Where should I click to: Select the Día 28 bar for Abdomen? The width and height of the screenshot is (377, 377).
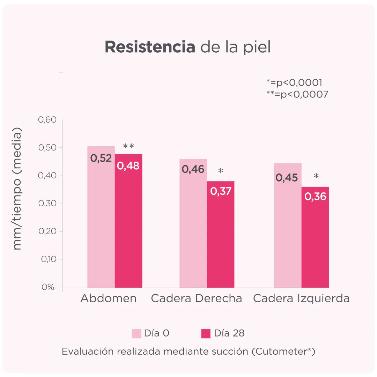click(128, 227)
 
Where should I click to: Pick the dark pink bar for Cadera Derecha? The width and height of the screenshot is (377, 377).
click(221, 241)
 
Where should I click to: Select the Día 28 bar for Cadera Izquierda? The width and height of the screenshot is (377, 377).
click(315, 244)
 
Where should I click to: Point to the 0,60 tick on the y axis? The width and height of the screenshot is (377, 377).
click(47, 120)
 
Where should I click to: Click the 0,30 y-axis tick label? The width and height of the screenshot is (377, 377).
click(47, 204)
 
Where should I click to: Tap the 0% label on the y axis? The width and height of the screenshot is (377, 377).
click(48, 287)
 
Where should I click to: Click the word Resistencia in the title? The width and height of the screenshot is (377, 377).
click(150, 47)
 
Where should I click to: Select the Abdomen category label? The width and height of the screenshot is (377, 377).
click(109, 298)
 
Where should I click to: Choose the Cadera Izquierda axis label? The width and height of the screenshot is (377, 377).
click(301, 298)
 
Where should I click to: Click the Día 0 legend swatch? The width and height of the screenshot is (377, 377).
click(136, 333)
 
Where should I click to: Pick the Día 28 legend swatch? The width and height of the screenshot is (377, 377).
click(206, 333)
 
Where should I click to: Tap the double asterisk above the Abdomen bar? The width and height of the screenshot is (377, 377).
click(128, 147)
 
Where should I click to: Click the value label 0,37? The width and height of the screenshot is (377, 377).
click(221, 191)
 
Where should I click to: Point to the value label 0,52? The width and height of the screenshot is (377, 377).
click(101, 158)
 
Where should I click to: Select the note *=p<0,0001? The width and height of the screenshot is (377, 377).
click(294, 83)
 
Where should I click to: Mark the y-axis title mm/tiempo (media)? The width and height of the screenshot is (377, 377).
click(17, 188)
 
